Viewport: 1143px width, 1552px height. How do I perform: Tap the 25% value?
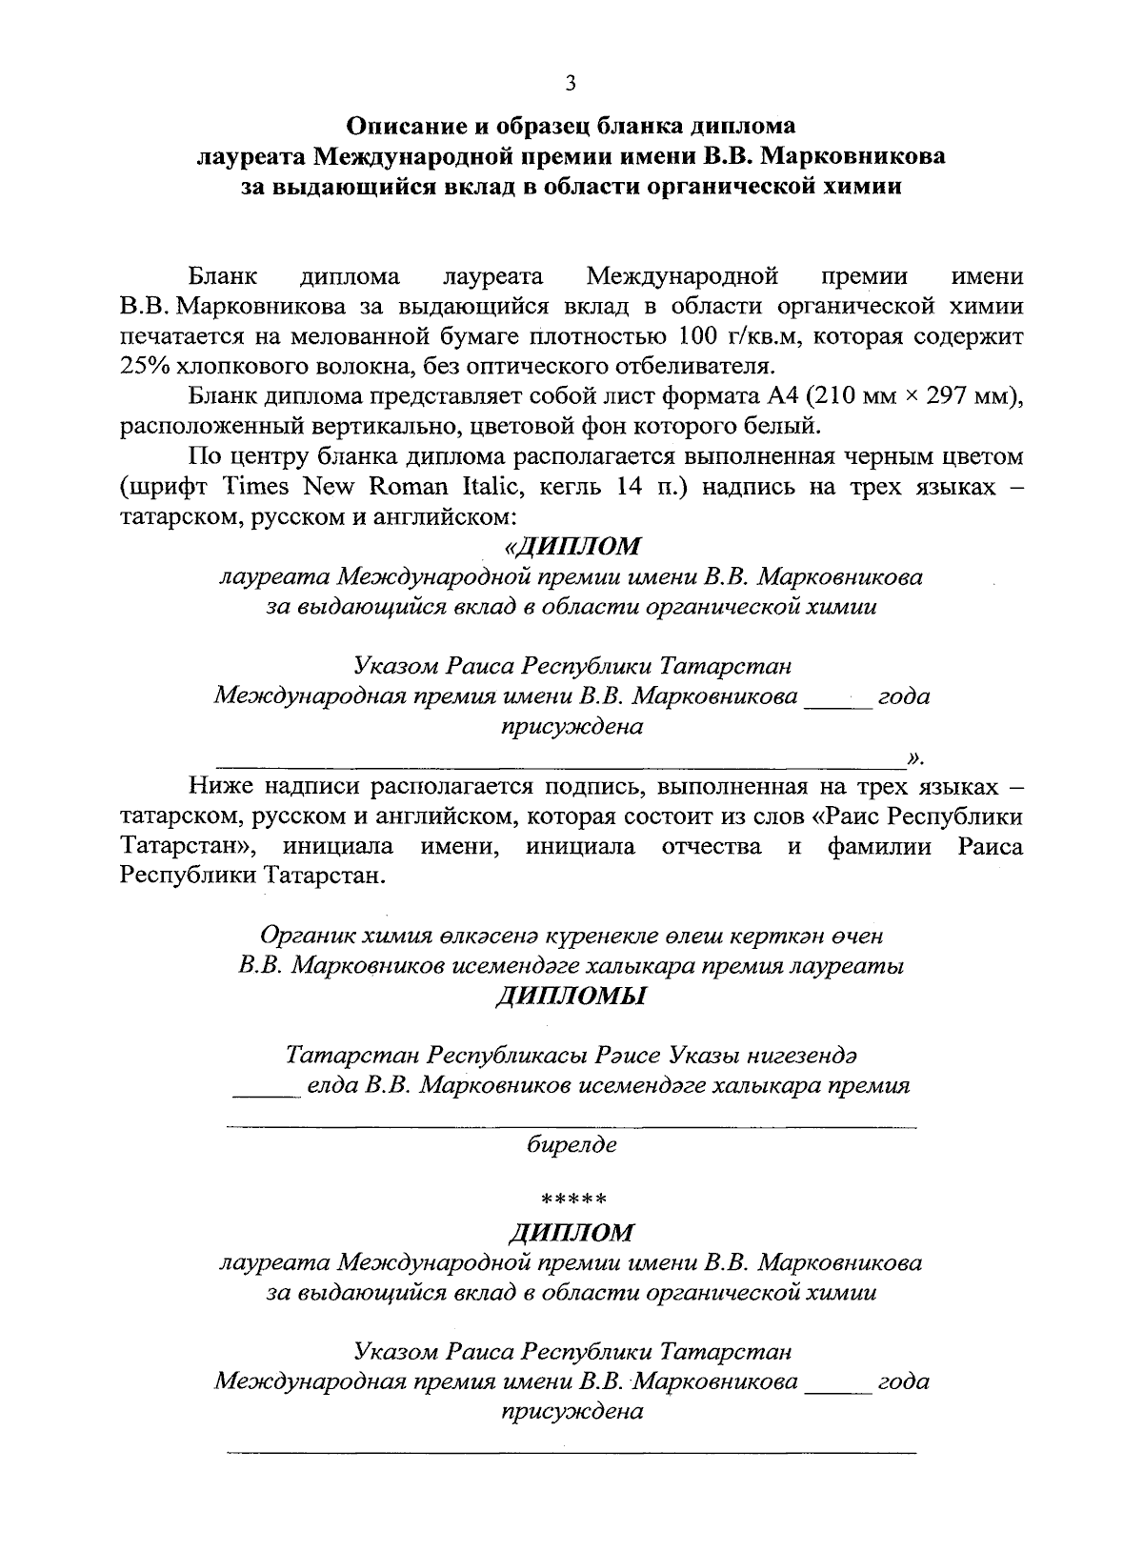click(x=144, y=367)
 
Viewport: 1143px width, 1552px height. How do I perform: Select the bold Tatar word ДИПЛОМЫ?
click(x=571, y=997)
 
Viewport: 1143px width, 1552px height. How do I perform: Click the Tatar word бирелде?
click(x=571, y=1144)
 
